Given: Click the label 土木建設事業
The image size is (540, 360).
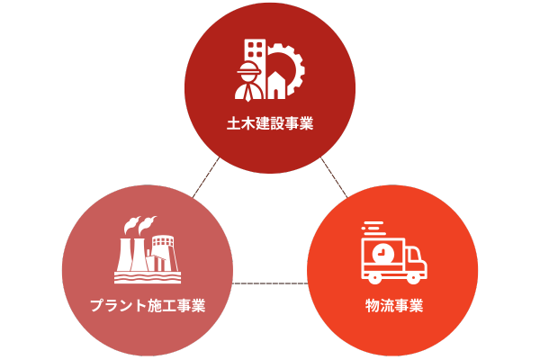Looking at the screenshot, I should [270, 124].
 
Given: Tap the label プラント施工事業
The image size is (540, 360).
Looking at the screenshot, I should [148, 305].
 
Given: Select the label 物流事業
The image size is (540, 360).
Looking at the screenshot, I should [393, 305].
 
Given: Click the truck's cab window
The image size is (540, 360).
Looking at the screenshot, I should [413, 256].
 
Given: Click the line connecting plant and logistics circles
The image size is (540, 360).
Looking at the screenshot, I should [270, 284].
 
